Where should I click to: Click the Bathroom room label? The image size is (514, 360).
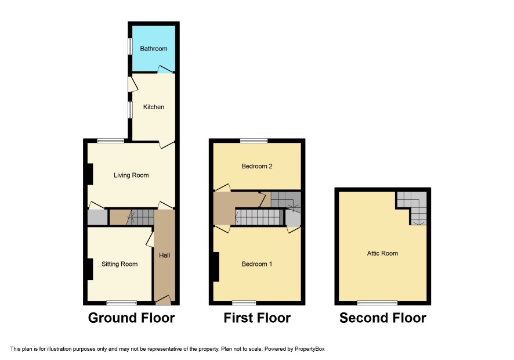pyautogui.click(x=153, y=49)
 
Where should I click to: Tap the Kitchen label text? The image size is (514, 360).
pyautogui.click(x=153, y=107)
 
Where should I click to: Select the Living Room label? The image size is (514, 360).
pyautogui.click(x=131, y=175)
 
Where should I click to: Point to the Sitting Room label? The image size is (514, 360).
pyautogui.click(x=120, y=264)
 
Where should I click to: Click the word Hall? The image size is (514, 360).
pyautogui.click(x=165, y=255)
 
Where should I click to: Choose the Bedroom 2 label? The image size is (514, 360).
pyautogui.click(x=257, y=166)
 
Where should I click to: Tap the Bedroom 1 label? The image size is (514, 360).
pyautogui.click(x=256, y=264)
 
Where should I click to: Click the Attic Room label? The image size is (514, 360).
pyautogui.click(x=382, y=253)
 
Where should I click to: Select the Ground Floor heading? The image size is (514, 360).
pyautogui.click(x=131, y=318)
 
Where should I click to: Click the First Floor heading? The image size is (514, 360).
pyautogui.click(x=257, y=318)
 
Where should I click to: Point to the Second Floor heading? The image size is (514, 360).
pyautogui.click(x=383, y=318)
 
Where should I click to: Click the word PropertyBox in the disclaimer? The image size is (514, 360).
pyautogui.click(x=309, y=349)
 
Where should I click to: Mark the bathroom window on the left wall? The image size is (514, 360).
pyautogui.click(x=130, y=47)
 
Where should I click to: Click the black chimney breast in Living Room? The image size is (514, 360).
pyautogui.click(x=90, y=174)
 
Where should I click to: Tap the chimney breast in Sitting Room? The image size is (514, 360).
pyautogui.click(x=90, y=269)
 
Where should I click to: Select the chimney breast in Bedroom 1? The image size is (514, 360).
pyautogui.click(x=216, y=267)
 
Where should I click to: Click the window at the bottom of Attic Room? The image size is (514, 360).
pyautogui.click(x=377, y=303)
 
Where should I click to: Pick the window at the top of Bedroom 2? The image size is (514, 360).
pyautogui.click(x=254, y=141)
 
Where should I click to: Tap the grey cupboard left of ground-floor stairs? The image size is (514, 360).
pyautogui.click(x=97, y=217)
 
